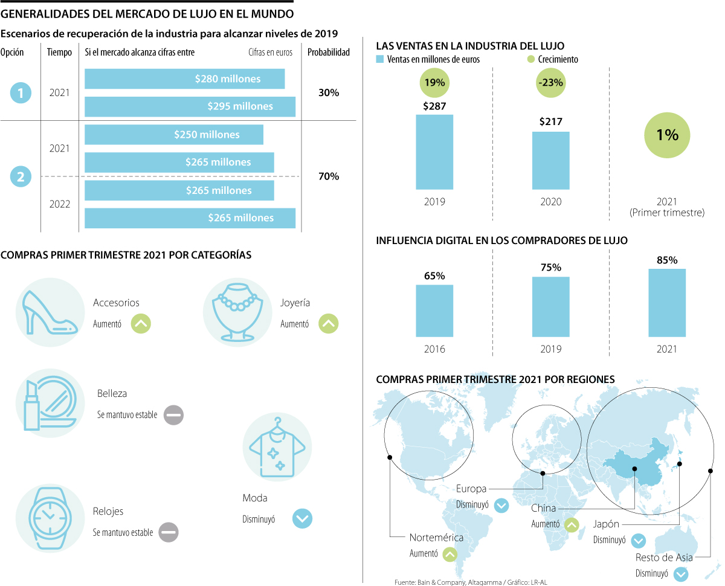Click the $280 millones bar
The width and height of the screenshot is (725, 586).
pyautogui.click(x=184, y=79)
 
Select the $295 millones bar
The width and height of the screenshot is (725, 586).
pyautogui.click(x=190, y=106)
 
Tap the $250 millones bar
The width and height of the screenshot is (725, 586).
pyautogui.click(x=174, y=135)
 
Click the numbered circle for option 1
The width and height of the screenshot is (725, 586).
pyautogui.click(x=21, y=93)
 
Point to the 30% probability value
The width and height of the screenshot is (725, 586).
pyautogui.click(x=329, y=93)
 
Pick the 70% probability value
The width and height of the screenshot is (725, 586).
pyautogui.click(x=329, y=176)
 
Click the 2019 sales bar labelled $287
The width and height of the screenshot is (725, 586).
pyautogui.click(x=434, y=152)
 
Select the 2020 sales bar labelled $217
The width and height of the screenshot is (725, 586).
pyautogui.click(x=550, y=161)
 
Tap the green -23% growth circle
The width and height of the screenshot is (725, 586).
pyautogui.click(x=550, y=82)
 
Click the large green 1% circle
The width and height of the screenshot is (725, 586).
pyautogui.click(x=667, y=135)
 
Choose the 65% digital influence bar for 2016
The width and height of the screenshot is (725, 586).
pyautogui.click(x=434, y=311)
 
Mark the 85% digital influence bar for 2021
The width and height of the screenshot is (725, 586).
pyautogui.click(x=667, y=303)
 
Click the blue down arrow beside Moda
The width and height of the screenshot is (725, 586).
pyautogui.click(x=302, y=518)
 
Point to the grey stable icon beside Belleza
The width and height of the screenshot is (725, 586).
pyautogui.click(x=173, y=415)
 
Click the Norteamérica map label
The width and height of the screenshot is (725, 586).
pyautogui.click(x=436, y=538)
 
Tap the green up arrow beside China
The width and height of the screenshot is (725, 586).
pyautogui.click(x=571, y=525)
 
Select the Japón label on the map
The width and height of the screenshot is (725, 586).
pyautogui.click(x=606, y=524)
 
